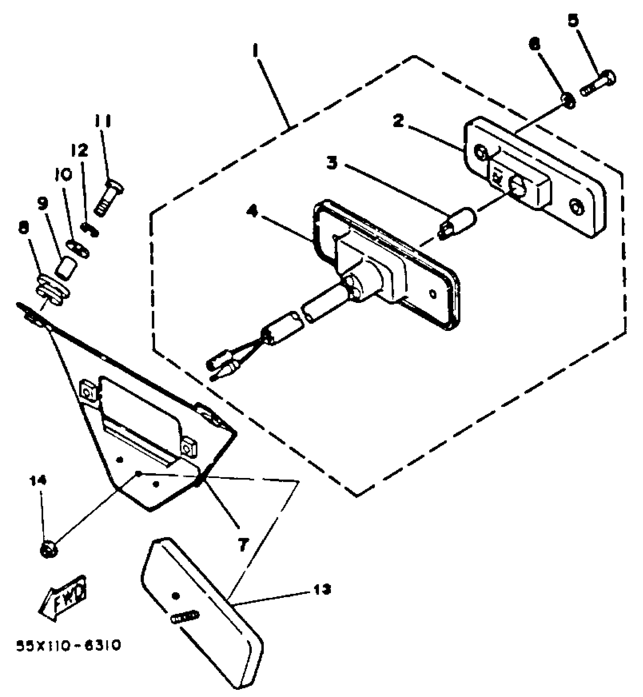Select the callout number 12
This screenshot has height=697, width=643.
click(79, 151)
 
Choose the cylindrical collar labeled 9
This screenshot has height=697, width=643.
click(66, 267)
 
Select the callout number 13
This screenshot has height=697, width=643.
click(322, 589)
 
